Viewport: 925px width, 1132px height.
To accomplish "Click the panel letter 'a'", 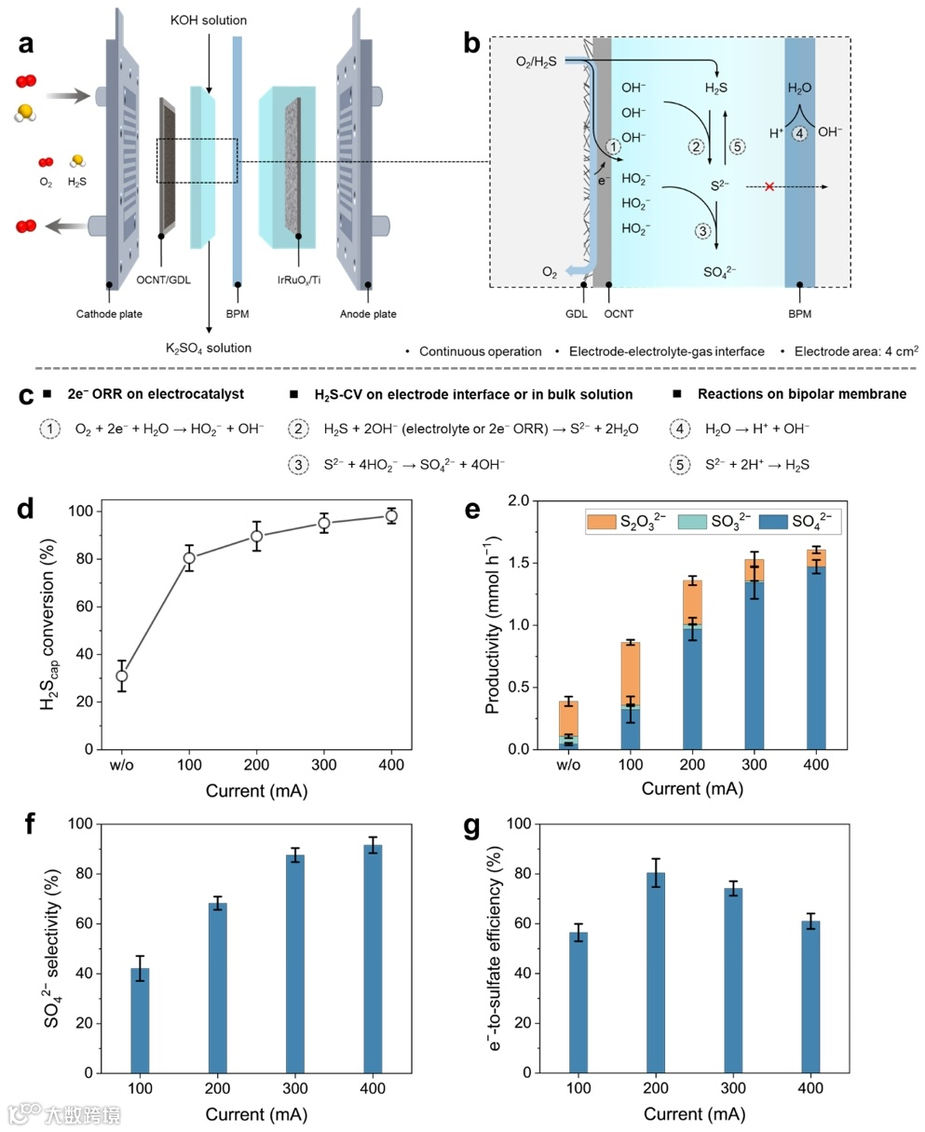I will pos(27,42).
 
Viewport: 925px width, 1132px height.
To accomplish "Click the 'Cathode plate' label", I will pos(109,314).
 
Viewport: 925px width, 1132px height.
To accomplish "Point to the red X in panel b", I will pos(769,186).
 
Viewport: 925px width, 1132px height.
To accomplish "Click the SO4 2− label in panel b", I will pos(719,271).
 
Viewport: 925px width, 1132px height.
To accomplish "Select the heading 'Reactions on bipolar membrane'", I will pos(802,394).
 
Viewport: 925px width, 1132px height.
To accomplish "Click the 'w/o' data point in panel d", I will pos(122,675).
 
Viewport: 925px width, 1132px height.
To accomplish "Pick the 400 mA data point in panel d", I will pos(391,515).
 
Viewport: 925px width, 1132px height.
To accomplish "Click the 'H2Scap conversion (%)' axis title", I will pos(50,623).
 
